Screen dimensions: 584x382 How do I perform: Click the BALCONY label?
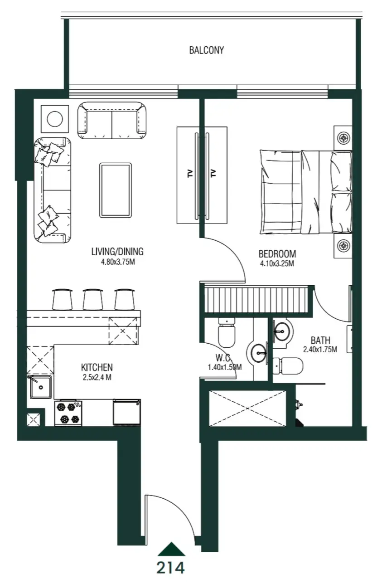click(x=206, y=50)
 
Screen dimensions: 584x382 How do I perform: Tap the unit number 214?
click(x=171, y=567)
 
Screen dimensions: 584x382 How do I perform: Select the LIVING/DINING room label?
click(x=117, y=252)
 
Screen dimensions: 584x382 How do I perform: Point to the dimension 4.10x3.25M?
click(x=277, y=263)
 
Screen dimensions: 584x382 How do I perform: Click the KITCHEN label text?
click(x=97, y=367)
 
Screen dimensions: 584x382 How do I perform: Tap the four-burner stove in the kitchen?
click(x=68, y=412)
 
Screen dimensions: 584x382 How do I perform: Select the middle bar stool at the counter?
click(x=93, y=299)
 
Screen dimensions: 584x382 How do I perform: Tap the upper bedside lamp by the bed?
click(x=343, y=137)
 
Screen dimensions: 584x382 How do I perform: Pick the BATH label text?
click(x=320, y=340)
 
